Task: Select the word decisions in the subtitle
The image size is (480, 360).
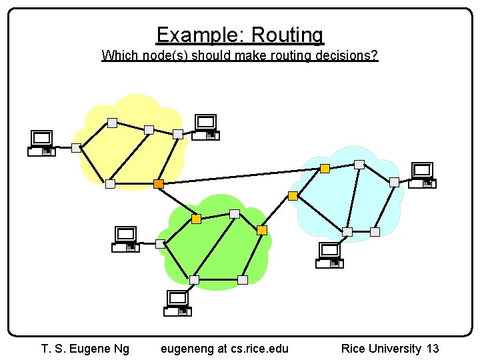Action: pyautogui.click(x=345, y=55)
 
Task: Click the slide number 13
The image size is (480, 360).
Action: pyautogui.click(x=432, y=348)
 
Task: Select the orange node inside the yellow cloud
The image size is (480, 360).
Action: pyautogui.click(x=159, y=183)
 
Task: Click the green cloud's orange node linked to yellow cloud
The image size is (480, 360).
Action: pyautogui.click(x=196, y=219)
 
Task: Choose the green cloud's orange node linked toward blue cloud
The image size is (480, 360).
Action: pyautogui.click(x=262, y=230)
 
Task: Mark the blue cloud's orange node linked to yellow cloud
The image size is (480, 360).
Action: pyautogui.click(x=325, y=169)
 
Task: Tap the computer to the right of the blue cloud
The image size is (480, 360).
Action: pyautogui.click(x=423, y=175)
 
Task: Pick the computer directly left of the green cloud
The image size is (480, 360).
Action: pyautogui.click(x=125, y=239)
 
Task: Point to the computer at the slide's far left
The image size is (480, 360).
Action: pyautogui.click(x=42, y=143)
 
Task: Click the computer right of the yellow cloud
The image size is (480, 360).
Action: pyautogui.click(x=206, y=127)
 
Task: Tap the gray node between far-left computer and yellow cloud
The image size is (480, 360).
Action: pyautogui.click(x=76, y=148)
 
